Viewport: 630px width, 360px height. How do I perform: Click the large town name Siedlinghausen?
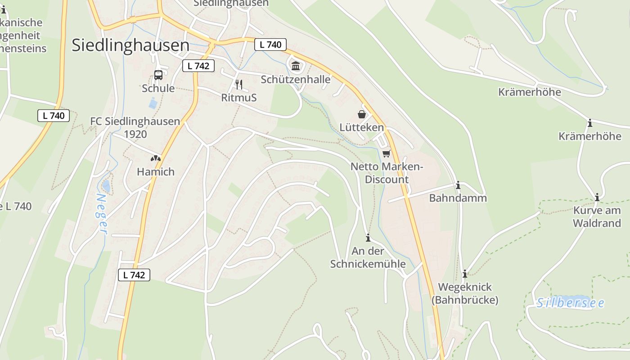pyautogui.click(x=130, y=45)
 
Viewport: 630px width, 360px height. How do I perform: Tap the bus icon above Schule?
pyautogui.click(x=158, y=75)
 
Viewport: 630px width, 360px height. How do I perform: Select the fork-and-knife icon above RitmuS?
pyautogui.click(x=239, y=84)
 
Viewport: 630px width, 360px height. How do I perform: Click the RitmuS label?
pyautogui.click(x=239, y=97)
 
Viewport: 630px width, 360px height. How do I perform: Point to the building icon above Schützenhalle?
pyautogui.click(x=296, y=66)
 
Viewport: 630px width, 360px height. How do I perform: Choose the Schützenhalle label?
pyautogui.click(x=296, y=80)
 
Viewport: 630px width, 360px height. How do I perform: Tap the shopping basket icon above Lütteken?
pyautogui.click(x=362, y=114)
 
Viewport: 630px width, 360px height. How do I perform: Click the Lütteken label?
pyautogui.click(x=362, y=127)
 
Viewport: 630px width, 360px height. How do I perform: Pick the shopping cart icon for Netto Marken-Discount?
pyautogui.click(x=386, y=154)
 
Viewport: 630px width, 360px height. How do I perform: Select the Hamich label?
pyautogui.click(x=156, y=171)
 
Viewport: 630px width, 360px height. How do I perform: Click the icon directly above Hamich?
pyautogui.click(x=156, y=158)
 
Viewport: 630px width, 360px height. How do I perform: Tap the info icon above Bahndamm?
pyautogui.click(x=458, y=185)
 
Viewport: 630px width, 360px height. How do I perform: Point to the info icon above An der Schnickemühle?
pyautogui.click(x=368, y=238)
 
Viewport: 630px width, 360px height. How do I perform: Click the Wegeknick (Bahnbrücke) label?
pyautogui.click(x=465, y=293)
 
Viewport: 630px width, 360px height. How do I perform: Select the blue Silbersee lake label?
pyautogui.click(x=570, y=303)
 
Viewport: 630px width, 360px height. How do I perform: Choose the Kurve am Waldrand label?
pyautogui.click(x=597, y=216)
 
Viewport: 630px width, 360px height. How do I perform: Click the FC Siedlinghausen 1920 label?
pyautogui.click(x=135, y=128)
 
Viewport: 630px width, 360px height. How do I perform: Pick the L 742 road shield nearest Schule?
pyautogui.click(x=198, y=66)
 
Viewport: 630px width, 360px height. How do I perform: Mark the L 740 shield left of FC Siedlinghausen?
pyautogui.click(x=54, y=116)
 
